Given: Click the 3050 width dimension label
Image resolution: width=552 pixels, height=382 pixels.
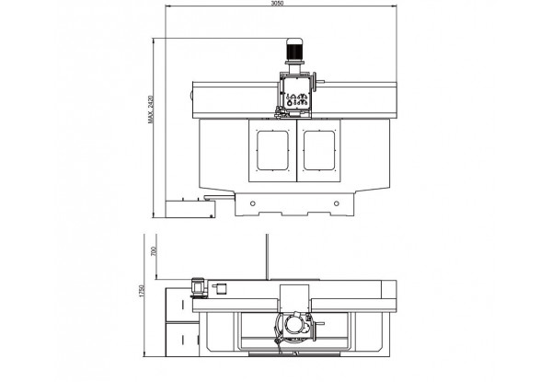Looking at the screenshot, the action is click(278, 3).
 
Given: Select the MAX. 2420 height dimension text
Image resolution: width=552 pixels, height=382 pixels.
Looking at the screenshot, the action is click(151, 110).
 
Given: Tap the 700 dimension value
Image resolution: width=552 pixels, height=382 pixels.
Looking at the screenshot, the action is click(153, 251).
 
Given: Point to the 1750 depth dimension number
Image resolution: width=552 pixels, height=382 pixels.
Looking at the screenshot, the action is click(142, 291).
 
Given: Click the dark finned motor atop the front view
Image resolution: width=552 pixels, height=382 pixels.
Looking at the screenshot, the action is click(294, 50).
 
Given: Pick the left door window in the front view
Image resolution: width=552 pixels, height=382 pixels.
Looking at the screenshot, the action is click(272, 150).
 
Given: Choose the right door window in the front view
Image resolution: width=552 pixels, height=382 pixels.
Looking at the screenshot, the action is click(319, 150).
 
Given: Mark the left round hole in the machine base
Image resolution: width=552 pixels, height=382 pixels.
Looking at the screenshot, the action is click(252, 203).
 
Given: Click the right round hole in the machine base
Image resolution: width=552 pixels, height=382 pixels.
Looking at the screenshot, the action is click(336, 203).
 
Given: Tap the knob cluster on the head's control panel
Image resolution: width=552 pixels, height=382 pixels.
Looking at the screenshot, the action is click(297, 99).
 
